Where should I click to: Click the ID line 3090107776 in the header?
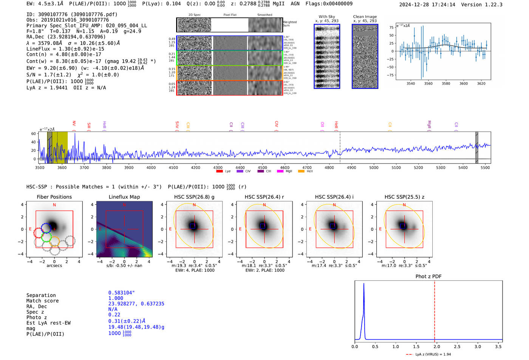tap(72, 14)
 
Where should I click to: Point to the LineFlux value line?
tap(65, 49)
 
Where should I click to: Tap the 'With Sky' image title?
tap(326, 17)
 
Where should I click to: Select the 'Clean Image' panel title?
tap(365, 17)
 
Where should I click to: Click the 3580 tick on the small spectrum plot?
tap(446, 83)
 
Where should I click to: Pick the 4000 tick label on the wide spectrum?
tap(151, 167)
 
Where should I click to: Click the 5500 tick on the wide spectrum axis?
tap(485, 167)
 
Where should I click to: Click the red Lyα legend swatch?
tap(219, 172)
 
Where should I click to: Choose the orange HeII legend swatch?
tap(301, 172)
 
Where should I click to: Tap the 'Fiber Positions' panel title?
tap(54, 197)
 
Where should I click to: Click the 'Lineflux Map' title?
tap(124, 197)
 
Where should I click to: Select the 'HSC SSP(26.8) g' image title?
tap(194, 197)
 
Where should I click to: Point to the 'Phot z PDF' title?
tap(428, 276)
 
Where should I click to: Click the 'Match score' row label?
tap(42, 301)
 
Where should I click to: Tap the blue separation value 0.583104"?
tap(121, 293)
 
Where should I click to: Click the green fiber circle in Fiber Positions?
tap(46, 237)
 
